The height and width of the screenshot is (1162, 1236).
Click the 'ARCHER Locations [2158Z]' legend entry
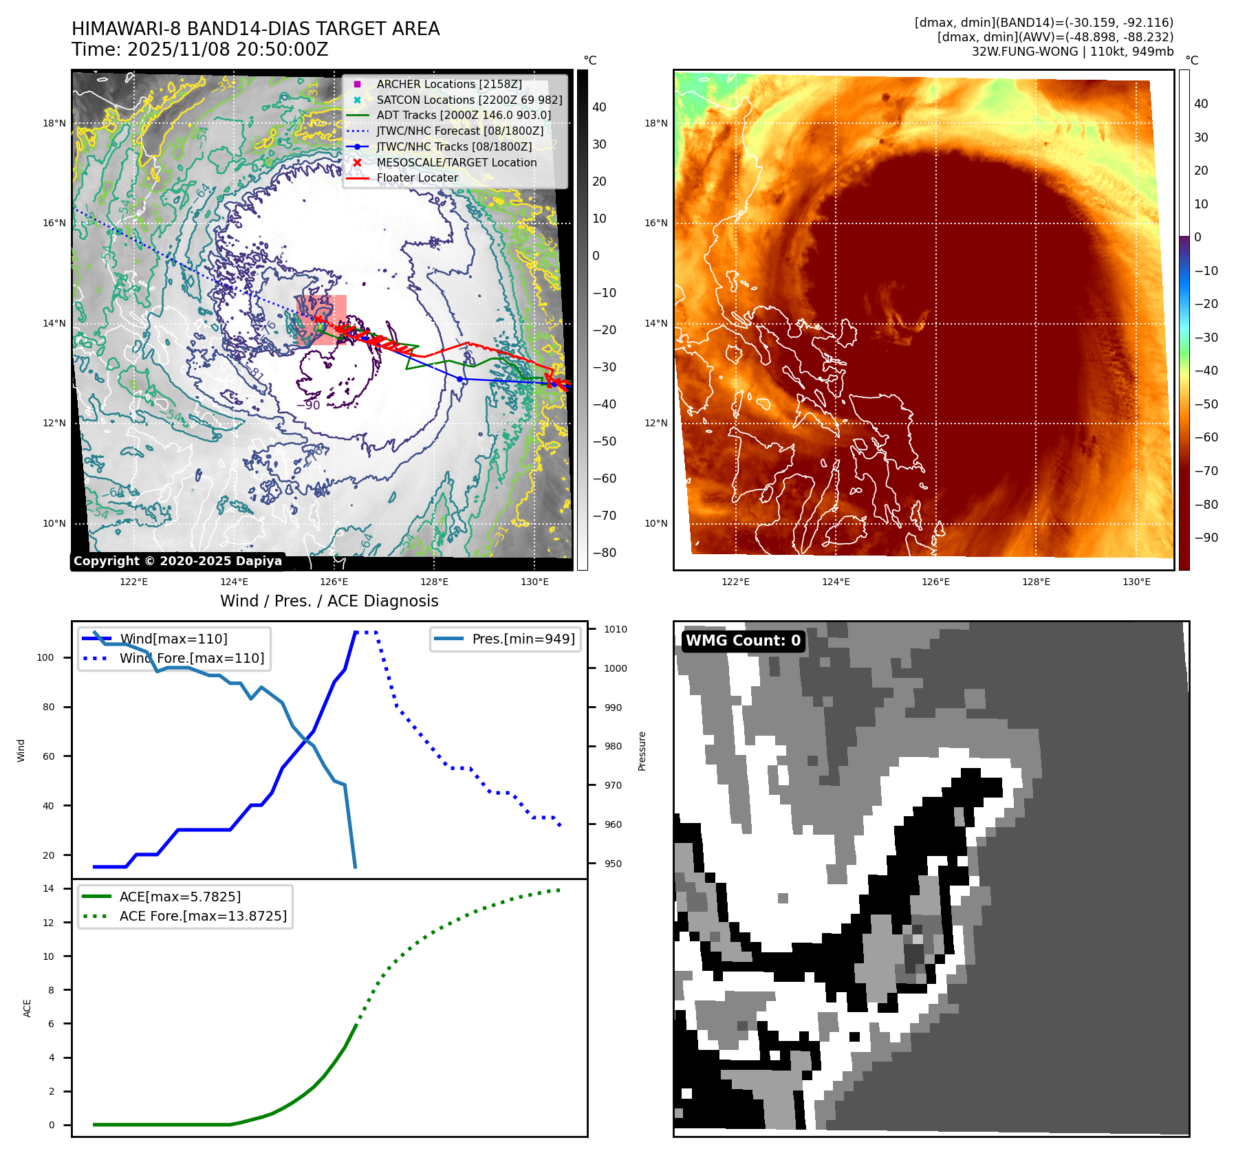448,84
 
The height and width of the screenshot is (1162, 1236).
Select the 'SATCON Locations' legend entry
469,100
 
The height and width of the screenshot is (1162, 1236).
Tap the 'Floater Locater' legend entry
417,177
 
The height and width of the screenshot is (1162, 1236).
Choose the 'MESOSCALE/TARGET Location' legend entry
456,162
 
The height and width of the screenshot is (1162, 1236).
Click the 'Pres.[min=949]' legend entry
523,639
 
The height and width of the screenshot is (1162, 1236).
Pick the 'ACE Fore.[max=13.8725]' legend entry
203,916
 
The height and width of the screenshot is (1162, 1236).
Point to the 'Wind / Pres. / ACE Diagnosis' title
329,601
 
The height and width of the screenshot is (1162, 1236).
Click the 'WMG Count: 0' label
743,641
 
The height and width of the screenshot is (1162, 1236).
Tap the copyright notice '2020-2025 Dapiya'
177,561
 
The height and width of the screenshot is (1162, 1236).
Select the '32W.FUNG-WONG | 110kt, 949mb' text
1072,52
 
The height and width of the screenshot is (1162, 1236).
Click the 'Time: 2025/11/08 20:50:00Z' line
199,50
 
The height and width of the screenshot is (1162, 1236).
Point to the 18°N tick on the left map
54,124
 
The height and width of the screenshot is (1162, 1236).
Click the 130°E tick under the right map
1136,582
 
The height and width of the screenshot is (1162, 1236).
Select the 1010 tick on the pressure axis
615,629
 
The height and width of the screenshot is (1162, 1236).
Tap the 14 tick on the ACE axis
49,888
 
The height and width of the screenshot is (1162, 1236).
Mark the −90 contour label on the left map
309,405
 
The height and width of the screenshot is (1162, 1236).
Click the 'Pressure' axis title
642,751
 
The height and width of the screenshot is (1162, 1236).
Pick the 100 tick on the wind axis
45,657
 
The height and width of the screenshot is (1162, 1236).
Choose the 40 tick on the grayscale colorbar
599,107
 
